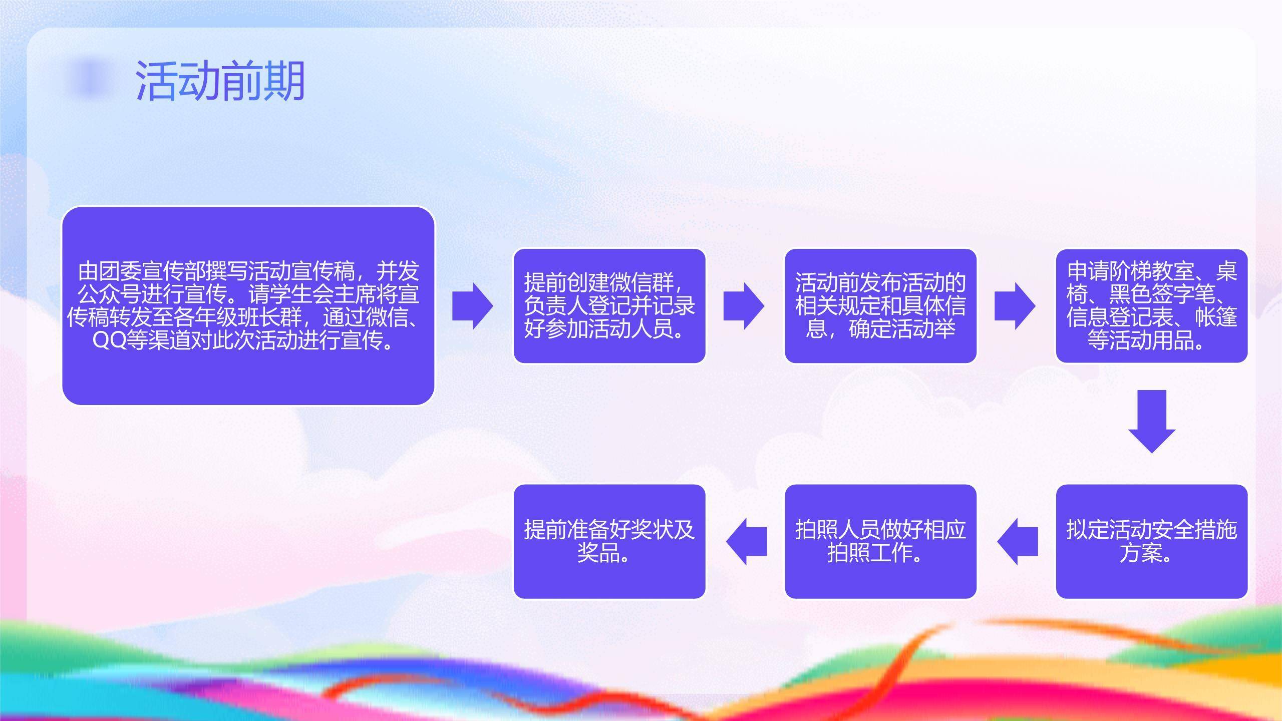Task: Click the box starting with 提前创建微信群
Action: [x=609, y=306]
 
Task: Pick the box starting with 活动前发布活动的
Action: [x=880, y=306]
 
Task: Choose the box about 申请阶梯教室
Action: [x=1151, y=306]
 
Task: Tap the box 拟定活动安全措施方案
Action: [x=1151, y=542]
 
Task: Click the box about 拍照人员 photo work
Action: [x=880, y=542]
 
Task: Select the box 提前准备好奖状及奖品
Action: [x=609, y=542]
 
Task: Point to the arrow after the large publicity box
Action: [x=472, y=306]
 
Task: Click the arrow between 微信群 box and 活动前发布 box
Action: [x=744, y=306]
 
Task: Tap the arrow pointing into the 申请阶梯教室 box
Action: [x=1015, y=306]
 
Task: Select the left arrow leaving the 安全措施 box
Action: [x=1017, y=542]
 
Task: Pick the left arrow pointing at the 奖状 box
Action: [x=746, y=542]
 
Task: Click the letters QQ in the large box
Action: [x=109, y=341]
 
